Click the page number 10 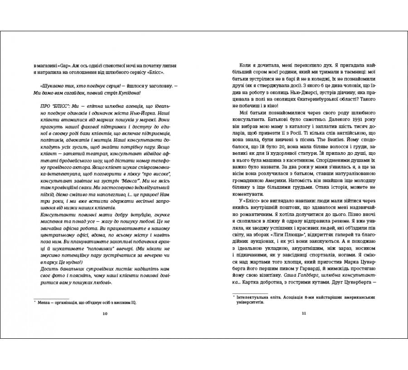point(105,314)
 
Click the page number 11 point(304,314)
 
